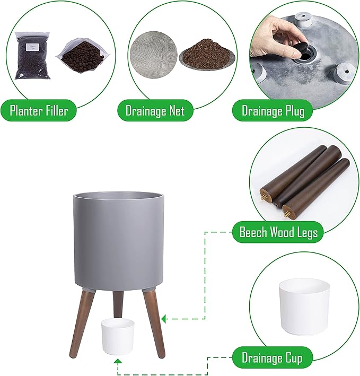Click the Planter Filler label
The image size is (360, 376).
click(39, 110)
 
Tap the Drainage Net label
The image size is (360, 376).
click(155, 110)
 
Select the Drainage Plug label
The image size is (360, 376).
click(273, 111)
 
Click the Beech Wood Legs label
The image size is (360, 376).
click(278, 232)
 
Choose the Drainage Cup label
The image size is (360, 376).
click(272, 358)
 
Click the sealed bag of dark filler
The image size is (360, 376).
click(32, 56)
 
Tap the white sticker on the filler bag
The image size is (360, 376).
click(31, 47)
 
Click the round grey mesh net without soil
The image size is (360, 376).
click(153, 55)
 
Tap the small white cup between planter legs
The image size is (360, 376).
click(117, 336)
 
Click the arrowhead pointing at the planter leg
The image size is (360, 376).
click(164, 319)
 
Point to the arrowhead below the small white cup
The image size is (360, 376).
click(117, 362)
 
